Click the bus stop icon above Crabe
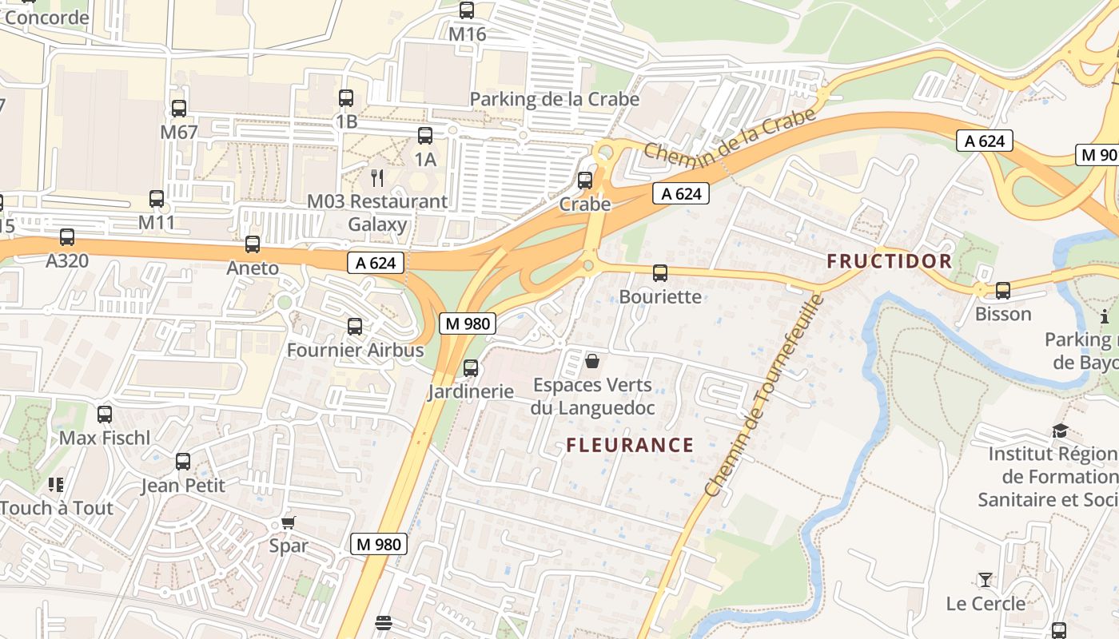[x=585, y=181]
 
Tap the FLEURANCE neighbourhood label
[x=630, y=445]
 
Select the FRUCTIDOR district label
[x=890, y=261]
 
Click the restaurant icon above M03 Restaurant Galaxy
[x=377, y=177]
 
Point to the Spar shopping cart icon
[x=289, y=523]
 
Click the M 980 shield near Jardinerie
[x=468, y=323]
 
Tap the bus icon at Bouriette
[x=660, y=273]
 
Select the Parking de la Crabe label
[x=554, y=99]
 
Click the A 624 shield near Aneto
[x=376, y=263]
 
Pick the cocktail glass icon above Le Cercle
[x=985, y=580]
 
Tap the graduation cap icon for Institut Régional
[x=1060, y=431]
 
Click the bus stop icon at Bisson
[x=1003, y=291]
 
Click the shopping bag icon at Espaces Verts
[x=592, y=362]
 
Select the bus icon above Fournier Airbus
[x=355, y=327]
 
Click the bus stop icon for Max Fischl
[x=105, y=415]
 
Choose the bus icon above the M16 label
[x=467, y=11]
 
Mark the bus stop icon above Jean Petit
[x=183, y=462]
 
